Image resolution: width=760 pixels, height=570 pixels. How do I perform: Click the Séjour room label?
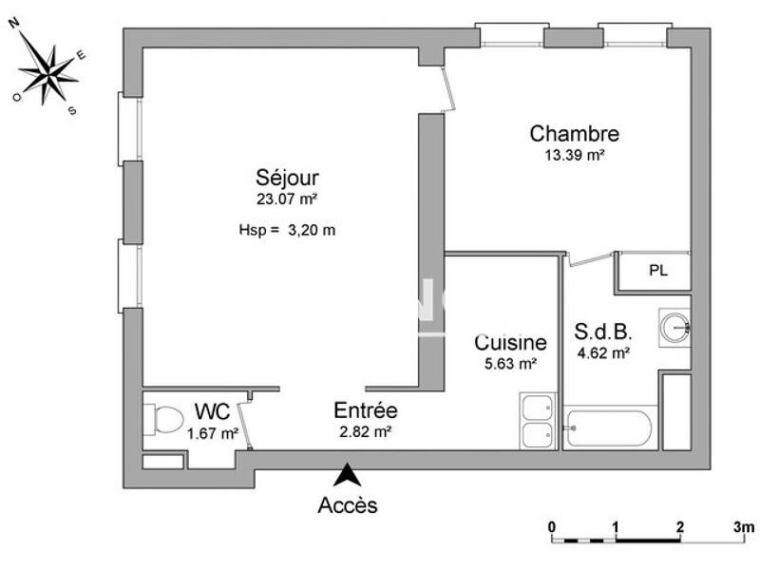click(x=287, y=178)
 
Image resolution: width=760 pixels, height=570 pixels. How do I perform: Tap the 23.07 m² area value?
click(x=286, y=199)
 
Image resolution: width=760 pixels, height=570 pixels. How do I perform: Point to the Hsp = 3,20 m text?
click(x=287, y=230)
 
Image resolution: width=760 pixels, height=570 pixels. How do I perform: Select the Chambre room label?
click(x=574, y=134)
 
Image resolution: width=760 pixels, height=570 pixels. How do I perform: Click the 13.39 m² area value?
click(x=574, y=155)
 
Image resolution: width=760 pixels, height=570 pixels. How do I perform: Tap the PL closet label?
click(x=657, y=270)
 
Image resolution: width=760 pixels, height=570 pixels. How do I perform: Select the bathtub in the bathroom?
click(x=608, y=427)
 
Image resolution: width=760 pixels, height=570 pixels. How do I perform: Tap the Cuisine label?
click(x=510, y=343)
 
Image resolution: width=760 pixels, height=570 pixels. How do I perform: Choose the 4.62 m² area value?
click(x=603, y=353)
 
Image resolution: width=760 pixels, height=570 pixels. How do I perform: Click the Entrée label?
click(x=365, y=411)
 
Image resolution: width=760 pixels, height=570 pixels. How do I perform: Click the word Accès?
click(x=348, y=505)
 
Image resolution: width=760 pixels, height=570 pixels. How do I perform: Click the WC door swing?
click(x=246, y=422)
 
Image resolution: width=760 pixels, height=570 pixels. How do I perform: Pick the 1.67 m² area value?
click(x=213, y=434)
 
